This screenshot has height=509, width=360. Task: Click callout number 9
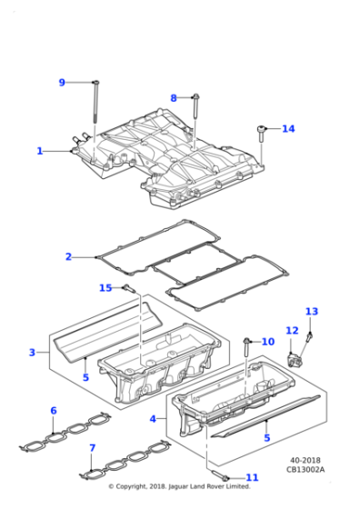[62, 83]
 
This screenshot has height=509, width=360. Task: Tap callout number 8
[174, 97]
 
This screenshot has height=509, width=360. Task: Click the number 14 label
[288, 129]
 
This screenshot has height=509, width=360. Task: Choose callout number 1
[40, 151]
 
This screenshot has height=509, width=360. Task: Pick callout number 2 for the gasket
[68, 257]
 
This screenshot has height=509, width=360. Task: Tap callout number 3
[32, 353]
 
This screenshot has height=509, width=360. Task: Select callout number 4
[153, 419]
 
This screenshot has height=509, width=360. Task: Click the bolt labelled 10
[247, 343]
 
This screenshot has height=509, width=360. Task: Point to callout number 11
[252, 477]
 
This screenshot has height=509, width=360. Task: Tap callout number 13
[312, 312]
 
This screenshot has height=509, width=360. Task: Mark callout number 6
[54, 411]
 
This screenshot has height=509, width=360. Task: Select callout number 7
[92, 448]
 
